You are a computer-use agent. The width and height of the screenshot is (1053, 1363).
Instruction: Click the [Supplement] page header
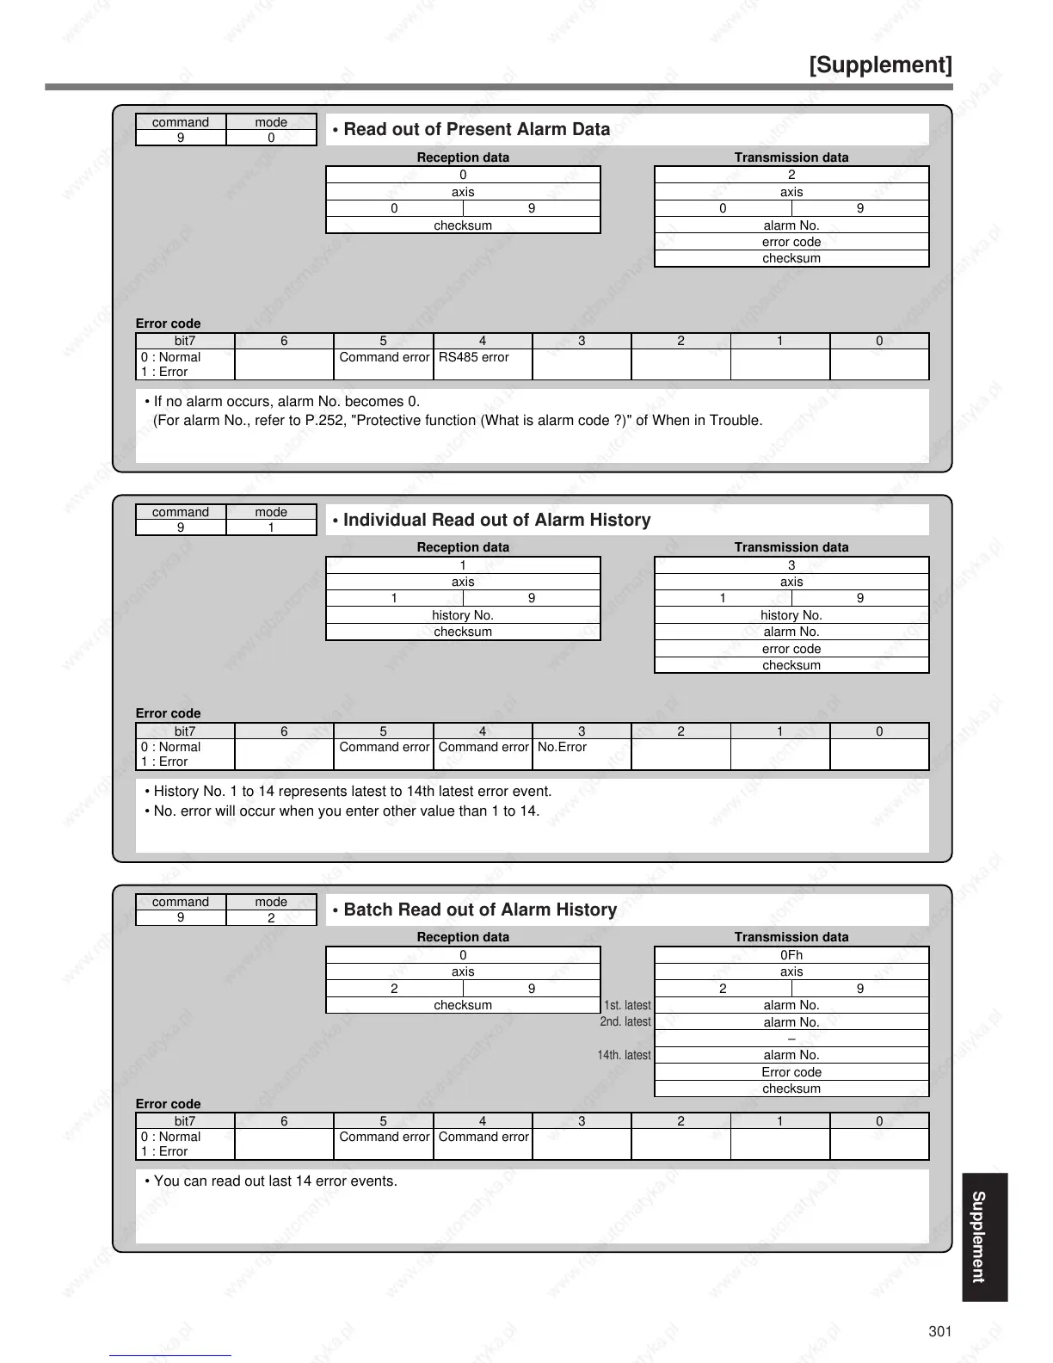pyautogui.click(x=880, y=65)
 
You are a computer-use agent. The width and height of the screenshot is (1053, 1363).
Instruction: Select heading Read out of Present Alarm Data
pyautogui.click(x=477, y=130)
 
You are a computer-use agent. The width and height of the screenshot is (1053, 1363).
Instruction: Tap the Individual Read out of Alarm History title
pyautogui.click(x=496, y=520)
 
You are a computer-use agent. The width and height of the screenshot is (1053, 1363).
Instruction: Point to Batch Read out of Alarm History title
pyautogui.click(x=480, y=910)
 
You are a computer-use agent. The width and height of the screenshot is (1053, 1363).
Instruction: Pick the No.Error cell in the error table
pyautogui.click(x=562, y=747)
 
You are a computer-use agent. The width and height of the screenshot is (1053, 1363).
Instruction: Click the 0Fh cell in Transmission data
pyautogui.click(x=791, y=955)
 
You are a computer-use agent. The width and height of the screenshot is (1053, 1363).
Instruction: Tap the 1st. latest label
pyautogui.click(x=627, y=1005)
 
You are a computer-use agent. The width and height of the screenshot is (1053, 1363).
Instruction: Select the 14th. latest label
pyautogui.click(x=624, y=1055)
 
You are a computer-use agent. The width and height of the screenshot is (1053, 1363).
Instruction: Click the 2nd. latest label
pyautogui.click(x=625, y=1022)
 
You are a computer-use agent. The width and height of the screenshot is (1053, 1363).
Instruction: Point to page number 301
pyautogui.click(x=940, y=1331)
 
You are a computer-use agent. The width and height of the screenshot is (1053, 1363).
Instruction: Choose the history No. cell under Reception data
pyautogui.click(x=463, y=615)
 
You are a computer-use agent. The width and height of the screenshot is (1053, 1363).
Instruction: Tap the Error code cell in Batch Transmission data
pyautogui.click(x=791, y=1072)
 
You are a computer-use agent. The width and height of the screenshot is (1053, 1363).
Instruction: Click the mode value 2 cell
pyautogui.click(x=271, y=918)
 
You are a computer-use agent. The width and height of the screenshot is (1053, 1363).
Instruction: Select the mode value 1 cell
pyautogui.click(x=271, y=527)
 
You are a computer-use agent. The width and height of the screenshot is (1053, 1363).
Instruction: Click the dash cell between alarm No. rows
pyautogui.click(x=791, y=1039)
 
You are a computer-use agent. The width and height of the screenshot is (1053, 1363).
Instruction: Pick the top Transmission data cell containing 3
pyautogui.click(x=791, y=565)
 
